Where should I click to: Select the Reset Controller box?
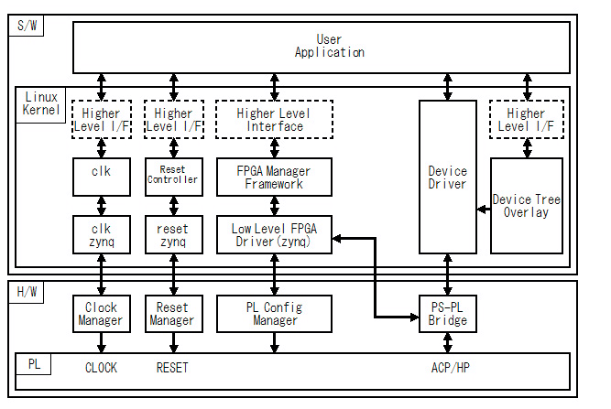coord(172,177)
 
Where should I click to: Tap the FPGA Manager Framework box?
coord(275,177)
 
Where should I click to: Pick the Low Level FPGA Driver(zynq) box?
coord(275,234)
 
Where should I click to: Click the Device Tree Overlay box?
coord(526,206)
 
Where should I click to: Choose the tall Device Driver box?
coord(447,177)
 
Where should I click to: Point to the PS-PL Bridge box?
coord(447,313)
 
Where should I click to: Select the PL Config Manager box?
coord(275,313)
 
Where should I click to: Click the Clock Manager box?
coord(101,313)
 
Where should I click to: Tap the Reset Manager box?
coord(172,313)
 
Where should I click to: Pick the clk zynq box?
coord(101,234)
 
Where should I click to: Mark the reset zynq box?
coord(172,234)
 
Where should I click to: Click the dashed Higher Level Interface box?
coord(275,120)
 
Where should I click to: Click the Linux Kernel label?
coord(40,103)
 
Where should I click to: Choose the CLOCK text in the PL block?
coord(101,368)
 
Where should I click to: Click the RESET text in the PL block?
coord(172,368)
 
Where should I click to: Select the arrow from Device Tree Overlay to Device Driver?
coord(484,210)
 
